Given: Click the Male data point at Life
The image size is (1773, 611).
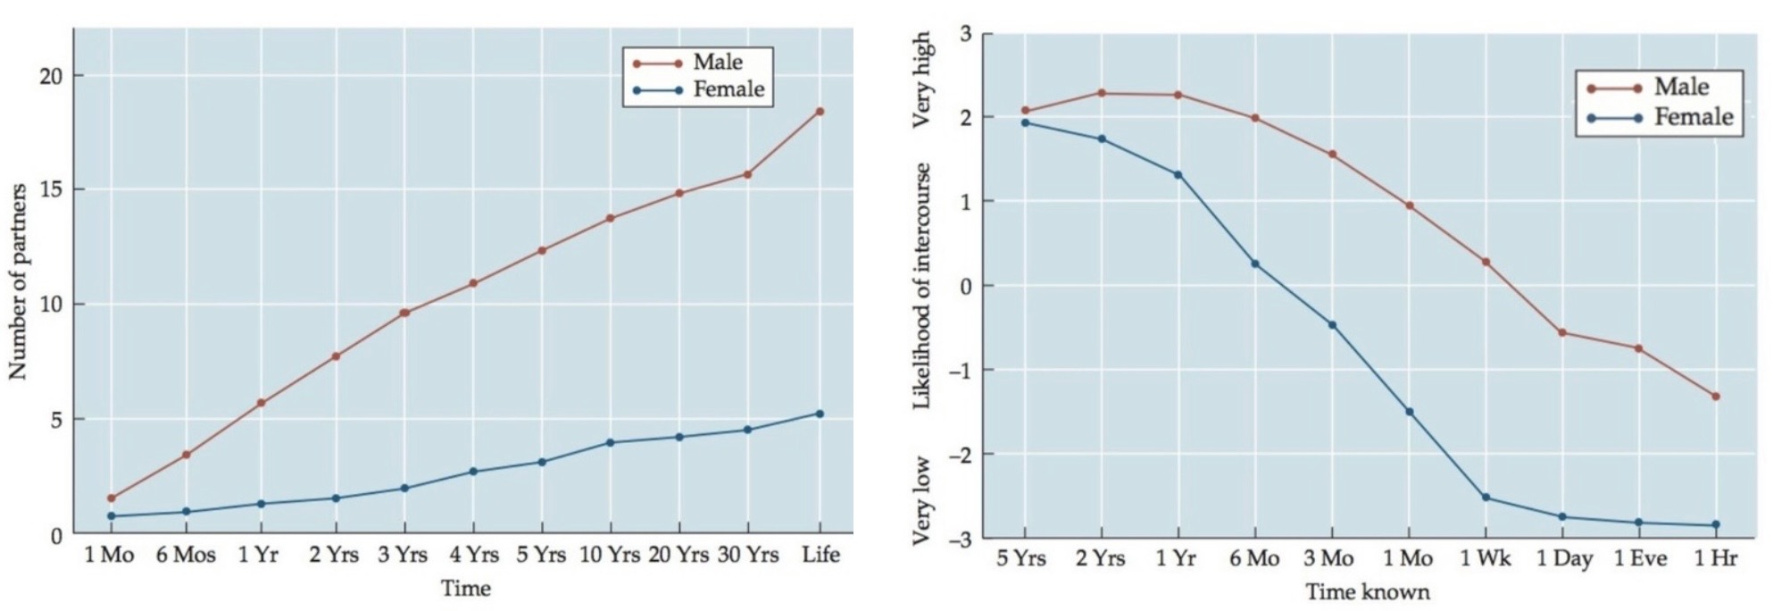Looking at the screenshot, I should [x=820, y=112].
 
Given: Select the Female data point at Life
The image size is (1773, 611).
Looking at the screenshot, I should [x=820, y=414].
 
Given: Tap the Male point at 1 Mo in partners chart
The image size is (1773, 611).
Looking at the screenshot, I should [x=111, y=498].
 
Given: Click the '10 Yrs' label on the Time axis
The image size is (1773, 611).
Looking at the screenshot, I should [x=610, y=556].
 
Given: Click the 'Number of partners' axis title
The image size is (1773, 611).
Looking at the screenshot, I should [x=18, y=281].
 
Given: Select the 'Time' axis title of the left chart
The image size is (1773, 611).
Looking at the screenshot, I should [x=465, y=589].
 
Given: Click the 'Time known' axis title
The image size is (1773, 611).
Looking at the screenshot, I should [x=1367, y=592].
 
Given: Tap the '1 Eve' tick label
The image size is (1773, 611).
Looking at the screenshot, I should [x=1640, y=559].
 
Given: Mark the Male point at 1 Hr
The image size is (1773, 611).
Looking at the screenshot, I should [x=1716, y=397].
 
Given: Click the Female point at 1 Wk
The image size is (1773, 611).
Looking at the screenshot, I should [x=1486, y=498].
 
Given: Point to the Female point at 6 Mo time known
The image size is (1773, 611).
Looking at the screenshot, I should [x=1254, y=264].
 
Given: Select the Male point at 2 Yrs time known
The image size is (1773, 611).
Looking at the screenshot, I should [x=1101, y=93].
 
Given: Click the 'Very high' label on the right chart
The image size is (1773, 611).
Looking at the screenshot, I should [x=922, y=80].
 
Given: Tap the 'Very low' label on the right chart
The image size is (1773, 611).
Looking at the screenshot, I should [x=922, y=500].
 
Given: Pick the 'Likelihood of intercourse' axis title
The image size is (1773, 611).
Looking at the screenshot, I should [x=922, y=286].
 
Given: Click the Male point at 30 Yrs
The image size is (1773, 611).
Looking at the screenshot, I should [x=747, y=174].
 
